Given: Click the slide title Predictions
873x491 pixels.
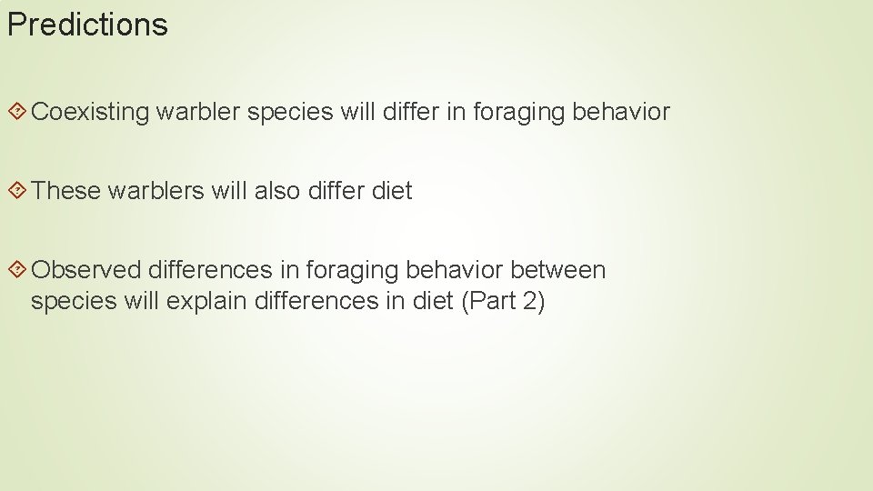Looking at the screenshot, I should pyautogui.click(x=87, y=25).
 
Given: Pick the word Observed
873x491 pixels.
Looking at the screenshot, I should pyautogui.click(x=85, y=270).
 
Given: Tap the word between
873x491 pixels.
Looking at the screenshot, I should pyautogui.click(x=557, y=270).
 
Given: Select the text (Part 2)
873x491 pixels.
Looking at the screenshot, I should pyautogui.click(x=503, y=302).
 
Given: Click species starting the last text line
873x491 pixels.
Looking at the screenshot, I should pyautogui.click(x=74, y=302).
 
